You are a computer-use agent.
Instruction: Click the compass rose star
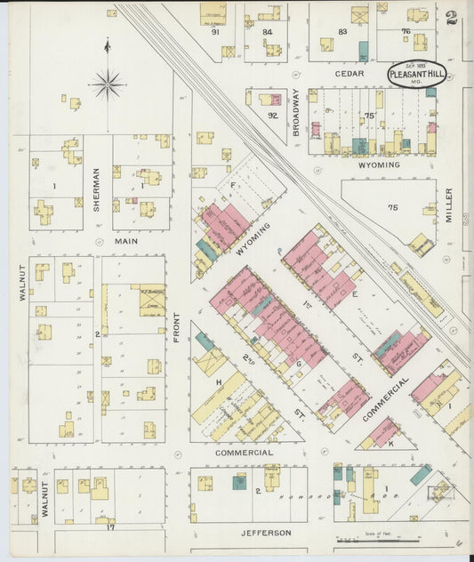click(x=107, y=84)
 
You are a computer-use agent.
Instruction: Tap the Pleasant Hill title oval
click(x=416, y=74)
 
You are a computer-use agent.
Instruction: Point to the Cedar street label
click(x=349, y=74)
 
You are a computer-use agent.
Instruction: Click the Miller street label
click(x=449, y=205)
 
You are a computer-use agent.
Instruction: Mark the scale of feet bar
click(x=382, y=539)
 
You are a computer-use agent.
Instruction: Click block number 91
click(x=215, y=32)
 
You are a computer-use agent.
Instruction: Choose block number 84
click(x=267, y=32)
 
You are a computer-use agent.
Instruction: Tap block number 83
click(x=341, y=32)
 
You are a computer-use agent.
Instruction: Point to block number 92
click(x=272, y=114)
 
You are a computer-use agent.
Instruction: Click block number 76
click(x=406, y=32)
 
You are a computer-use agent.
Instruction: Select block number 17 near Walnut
click(x=111, y=527)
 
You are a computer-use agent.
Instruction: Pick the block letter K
click(x=390, y=442)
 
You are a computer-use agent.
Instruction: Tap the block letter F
click(x=233, y=185)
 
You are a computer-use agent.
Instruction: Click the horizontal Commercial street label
click(x=244, y=453)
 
